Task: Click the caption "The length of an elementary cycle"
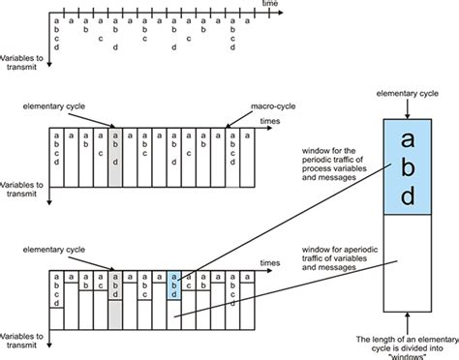[x=406, y=341]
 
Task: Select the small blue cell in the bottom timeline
[x=174, y=283]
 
